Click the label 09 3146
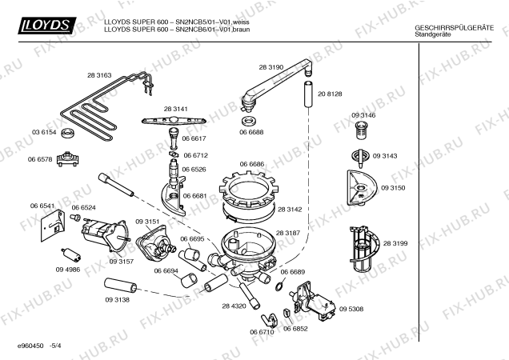[x=363, y=116]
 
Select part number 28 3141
[x=175, y=108]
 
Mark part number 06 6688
[x=251, y=120]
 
